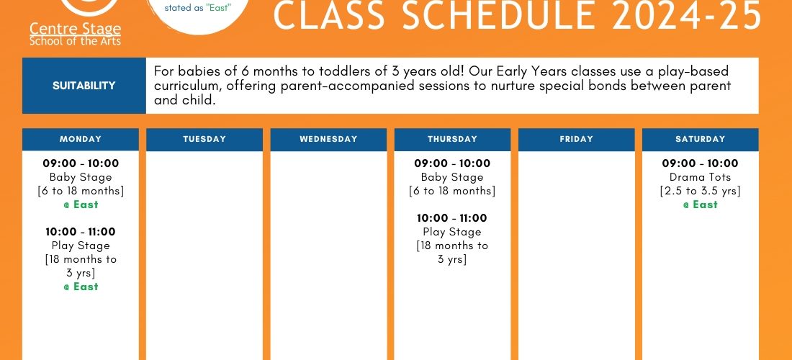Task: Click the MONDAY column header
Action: coord(81,140)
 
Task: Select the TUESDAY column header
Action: coord(204,140)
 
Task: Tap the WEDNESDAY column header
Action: coord(328,140)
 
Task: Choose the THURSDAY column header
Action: coord(452,140)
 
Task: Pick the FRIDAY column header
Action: coord(576,140)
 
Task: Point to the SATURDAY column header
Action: coord(700,140)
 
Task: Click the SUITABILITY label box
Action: coord(84,86)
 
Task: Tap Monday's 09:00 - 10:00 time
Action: coord(81,163)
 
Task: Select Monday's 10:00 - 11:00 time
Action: coord(81,232)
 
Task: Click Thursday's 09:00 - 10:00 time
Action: coord(452,163)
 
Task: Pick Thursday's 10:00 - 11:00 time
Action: coord(452,218)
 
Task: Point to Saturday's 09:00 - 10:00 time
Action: coord(700,163)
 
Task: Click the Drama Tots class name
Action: coord(700,177)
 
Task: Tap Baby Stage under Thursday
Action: coord(452,177)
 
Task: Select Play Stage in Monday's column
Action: coord(81,246)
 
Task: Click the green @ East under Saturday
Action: coord(700,204)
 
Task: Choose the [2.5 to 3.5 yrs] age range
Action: coord(700,192)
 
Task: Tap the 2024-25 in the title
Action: coord(685,15)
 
